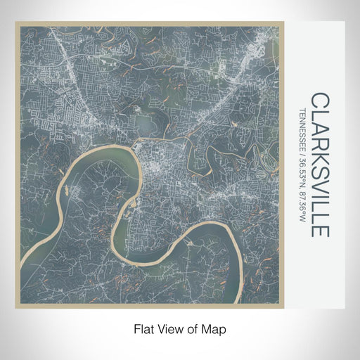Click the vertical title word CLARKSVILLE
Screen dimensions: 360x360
[x=319, y=165]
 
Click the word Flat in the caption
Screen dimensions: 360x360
[x=141, y=328]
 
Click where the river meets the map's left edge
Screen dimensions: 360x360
[x=22, y=267]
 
